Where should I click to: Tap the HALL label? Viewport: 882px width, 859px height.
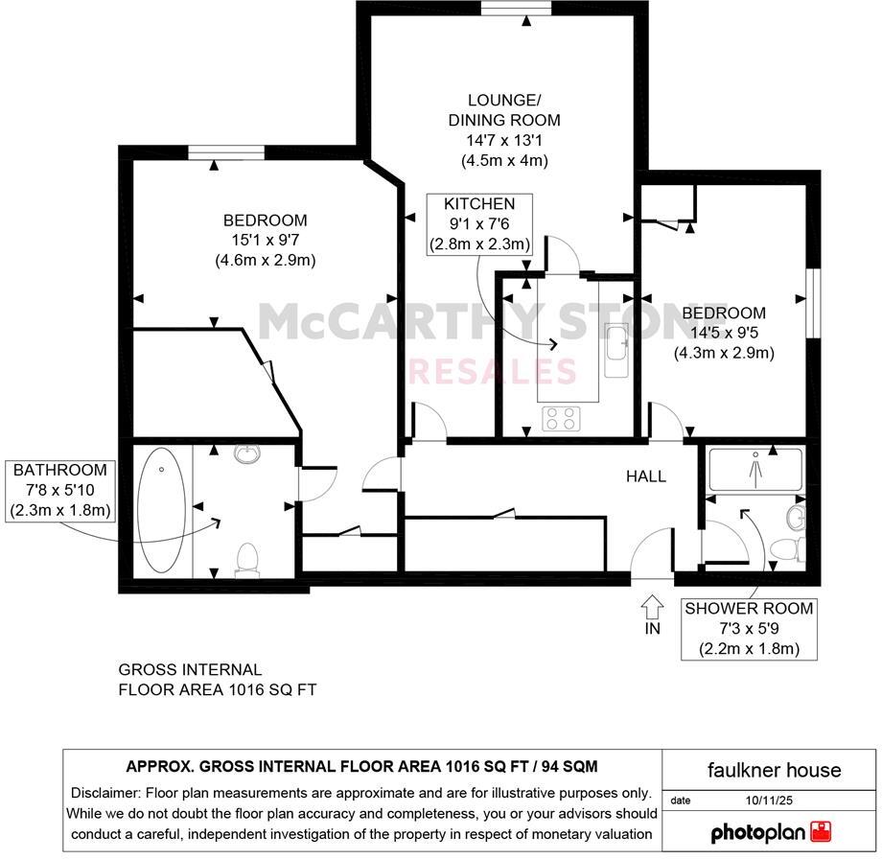tap(646, 476)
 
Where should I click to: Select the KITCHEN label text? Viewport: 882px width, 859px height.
tap(479, 203)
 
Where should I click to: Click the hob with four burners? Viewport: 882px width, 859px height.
tap(561, 418)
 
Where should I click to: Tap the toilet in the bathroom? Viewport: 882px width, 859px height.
tap(248, 560)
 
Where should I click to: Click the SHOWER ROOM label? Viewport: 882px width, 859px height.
tap(748, 608)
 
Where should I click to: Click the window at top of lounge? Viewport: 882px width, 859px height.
tap(517, 9)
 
